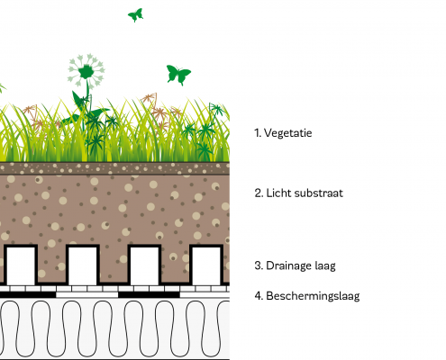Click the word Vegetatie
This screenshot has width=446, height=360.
coord(287,133)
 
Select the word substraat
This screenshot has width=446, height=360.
coord(318,193)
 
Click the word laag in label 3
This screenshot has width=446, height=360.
coord(325,266)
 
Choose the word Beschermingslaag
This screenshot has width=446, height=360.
coord(313,296)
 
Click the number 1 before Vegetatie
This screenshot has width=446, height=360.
coord(258,133)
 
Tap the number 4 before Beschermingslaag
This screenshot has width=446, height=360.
coord(259,296)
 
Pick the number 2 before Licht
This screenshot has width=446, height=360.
coord(259,193)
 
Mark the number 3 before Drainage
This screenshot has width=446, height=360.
coord(259,265)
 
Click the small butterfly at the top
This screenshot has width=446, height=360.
coord(135,15)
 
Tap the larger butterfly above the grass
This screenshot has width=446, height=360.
coord(178,75)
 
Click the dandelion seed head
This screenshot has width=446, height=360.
coord(86,71)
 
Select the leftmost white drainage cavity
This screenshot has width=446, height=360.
coord(21,266)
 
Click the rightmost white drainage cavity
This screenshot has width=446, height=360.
coord(206,266)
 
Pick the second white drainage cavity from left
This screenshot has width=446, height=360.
coord(83,266)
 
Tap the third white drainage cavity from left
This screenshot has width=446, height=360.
coord(144,266)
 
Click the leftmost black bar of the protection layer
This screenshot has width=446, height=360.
coord(28,295)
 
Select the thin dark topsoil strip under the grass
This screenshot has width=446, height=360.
coord(114,168)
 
